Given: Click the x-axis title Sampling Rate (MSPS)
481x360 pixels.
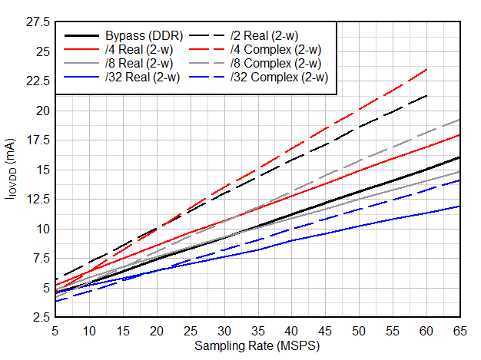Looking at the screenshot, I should click(257, 346).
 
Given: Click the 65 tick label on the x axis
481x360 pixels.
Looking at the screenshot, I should click(459, 330).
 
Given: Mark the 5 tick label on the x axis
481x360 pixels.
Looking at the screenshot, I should click(55, 330).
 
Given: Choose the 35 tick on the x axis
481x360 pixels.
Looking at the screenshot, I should click(257, 330).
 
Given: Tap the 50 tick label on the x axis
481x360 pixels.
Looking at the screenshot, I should click(358, 330).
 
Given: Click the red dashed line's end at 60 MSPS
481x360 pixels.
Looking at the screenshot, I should click(426, 69).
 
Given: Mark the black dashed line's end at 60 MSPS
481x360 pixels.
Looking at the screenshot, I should click(426, 95).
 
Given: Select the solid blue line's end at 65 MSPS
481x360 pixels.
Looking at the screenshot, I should click(459, 206).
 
